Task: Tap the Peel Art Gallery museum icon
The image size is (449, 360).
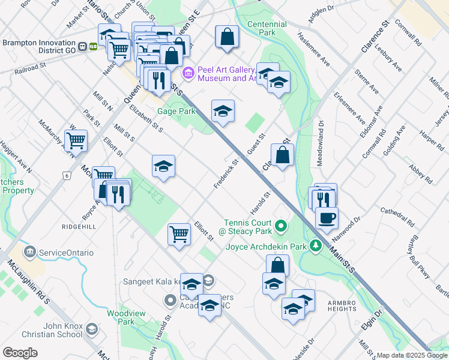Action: point(188,73)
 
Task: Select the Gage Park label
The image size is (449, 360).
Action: point(176,111)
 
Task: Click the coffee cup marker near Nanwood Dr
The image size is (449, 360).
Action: point(326,218)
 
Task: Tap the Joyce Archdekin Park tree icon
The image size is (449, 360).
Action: point(316,246)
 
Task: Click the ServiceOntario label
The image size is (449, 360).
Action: point(66,253)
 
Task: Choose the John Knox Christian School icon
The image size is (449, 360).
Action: point(91,329)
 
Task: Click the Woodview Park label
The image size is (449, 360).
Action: point(121,317)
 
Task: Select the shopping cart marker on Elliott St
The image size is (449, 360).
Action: point(179,233)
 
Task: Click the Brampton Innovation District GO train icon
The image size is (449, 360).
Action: point(93,46)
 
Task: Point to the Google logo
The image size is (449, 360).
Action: point(20,353)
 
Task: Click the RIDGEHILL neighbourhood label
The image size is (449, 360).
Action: point(78,227)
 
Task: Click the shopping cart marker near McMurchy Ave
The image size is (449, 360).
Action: point(76,140)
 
